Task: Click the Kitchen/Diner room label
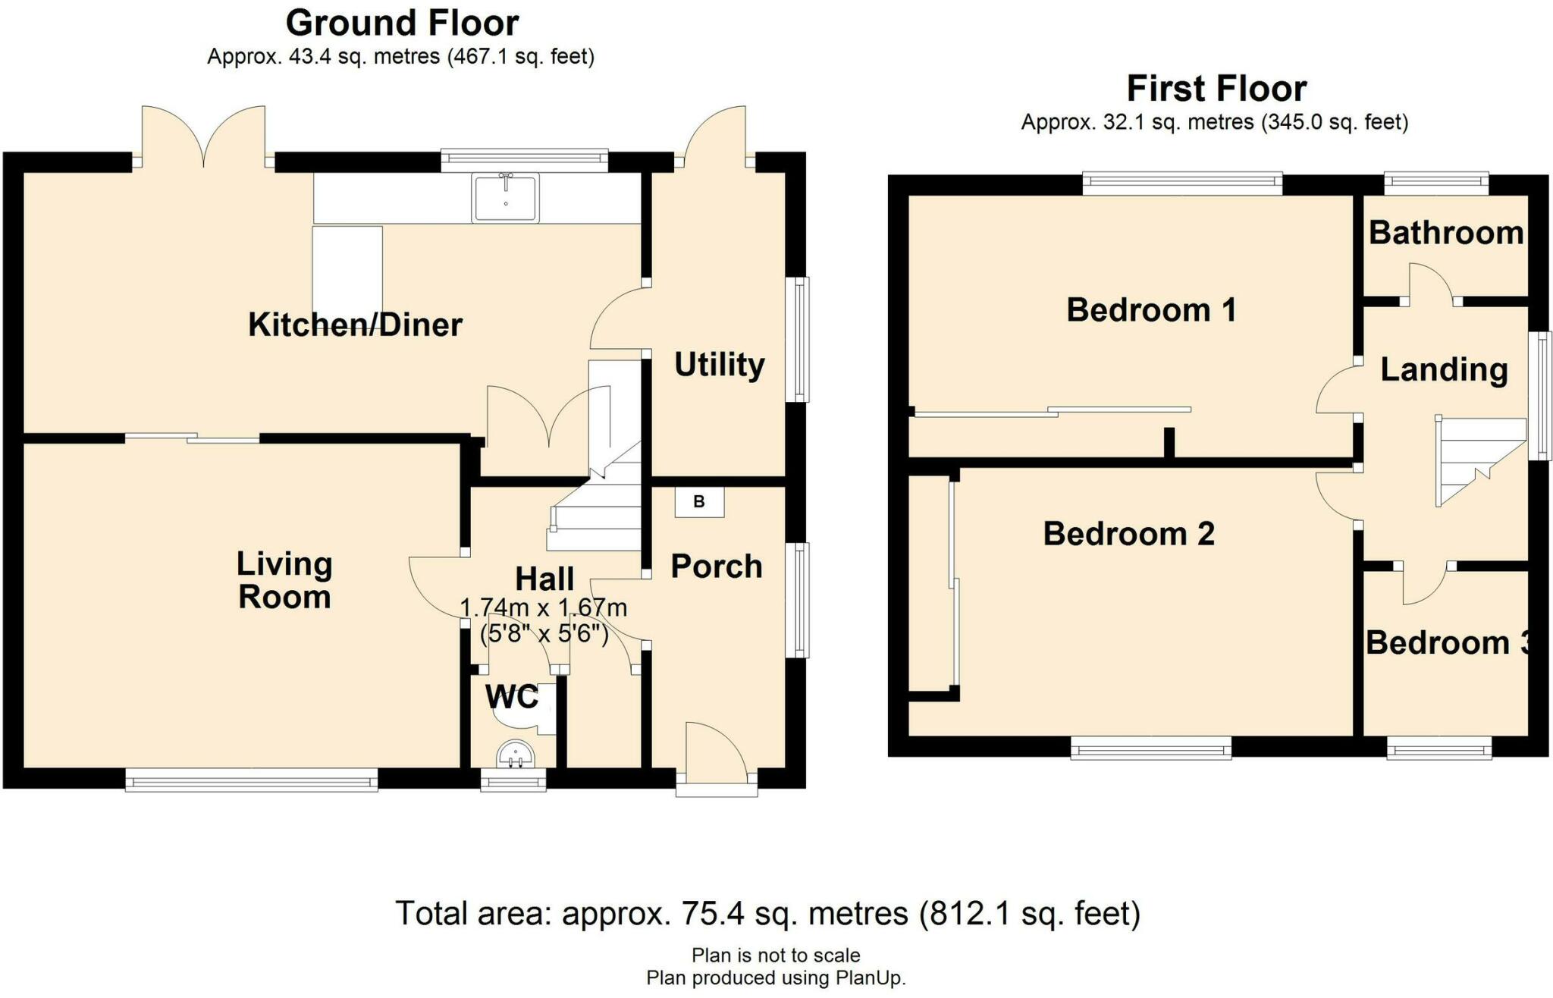355,325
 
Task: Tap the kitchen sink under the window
505,197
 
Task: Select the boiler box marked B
699,501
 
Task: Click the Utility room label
720,365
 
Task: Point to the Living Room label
284,580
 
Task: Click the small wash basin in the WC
516,755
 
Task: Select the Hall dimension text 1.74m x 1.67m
544,607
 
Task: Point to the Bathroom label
1446,233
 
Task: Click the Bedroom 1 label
1151,310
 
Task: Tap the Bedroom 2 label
1128,534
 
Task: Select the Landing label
1444,370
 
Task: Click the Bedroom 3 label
1447,643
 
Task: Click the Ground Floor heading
402,23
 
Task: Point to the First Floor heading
1216,89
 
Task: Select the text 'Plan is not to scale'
776,955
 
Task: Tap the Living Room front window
251,780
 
